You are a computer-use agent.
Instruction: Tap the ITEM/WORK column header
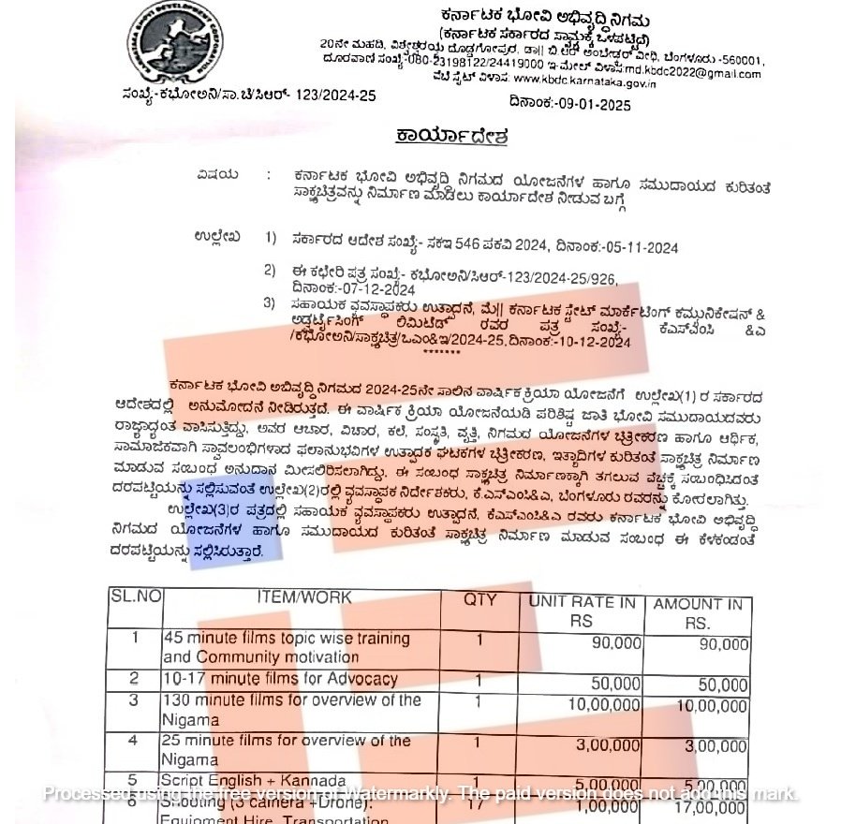click(304, 597)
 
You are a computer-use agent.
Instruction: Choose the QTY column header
click(480, 599)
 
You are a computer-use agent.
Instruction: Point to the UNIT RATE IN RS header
click(582, 611)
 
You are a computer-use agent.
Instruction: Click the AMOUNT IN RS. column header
click(698, 613)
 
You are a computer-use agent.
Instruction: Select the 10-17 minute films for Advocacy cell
click(280, 679)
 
